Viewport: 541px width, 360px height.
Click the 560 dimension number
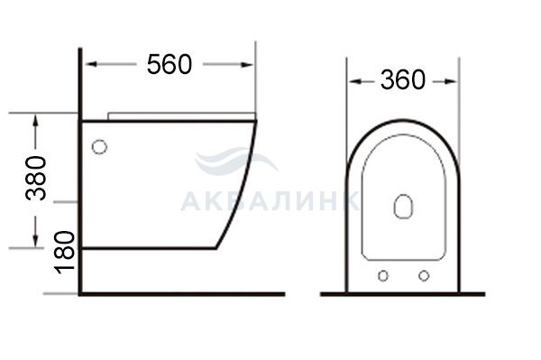pos(170,64)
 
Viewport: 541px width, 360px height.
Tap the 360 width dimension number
pos(403,80)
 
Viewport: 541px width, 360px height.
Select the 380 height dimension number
pos(36,178)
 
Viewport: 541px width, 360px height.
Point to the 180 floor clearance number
pos(66,253)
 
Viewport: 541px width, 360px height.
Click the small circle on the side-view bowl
pos(100,147)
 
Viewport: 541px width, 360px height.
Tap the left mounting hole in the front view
pos(383,276)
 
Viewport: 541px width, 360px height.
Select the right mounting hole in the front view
pos(424,276)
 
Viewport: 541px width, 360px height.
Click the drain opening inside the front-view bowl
pos(403,207)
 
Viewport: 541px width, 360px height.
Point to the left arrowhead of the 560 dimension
pos(90,64)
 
